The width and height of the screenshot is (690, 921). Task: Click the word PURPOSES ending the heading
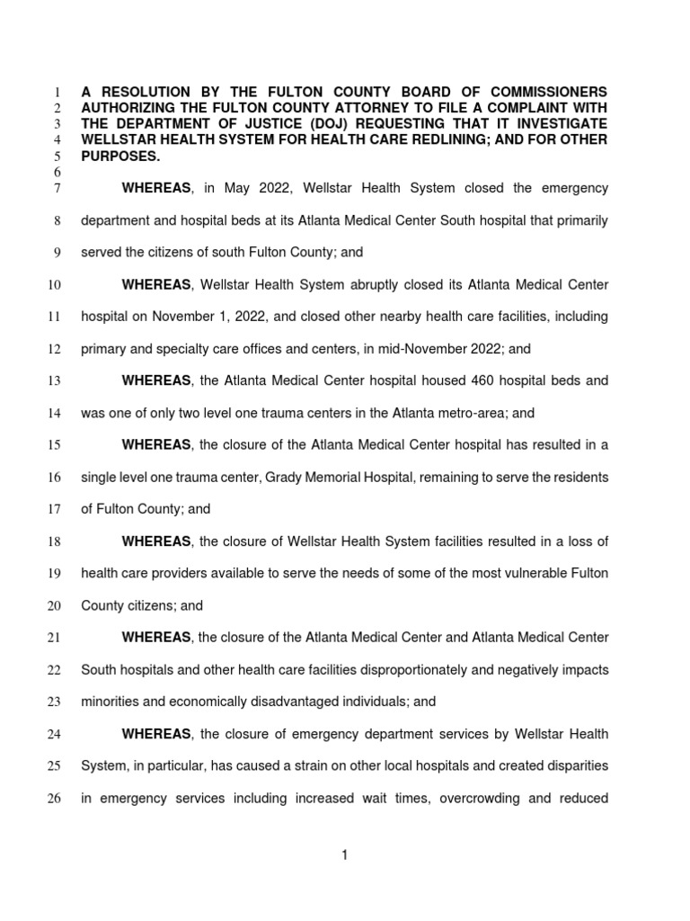point(120,156)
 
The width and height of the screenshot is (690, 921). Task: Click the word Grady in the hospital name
point(284,477)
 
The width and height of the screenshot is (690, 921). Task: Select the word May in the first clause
point(256,188)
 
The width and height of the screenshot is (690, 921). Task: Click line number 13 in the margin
point(53,381)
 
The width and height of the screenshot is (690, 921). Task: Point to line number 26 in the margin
point(53,799)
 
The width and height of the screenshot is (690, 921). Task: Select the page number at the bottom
point(344,855)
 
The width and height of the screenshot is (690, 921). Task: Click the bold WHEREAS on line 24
point(156,734)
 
